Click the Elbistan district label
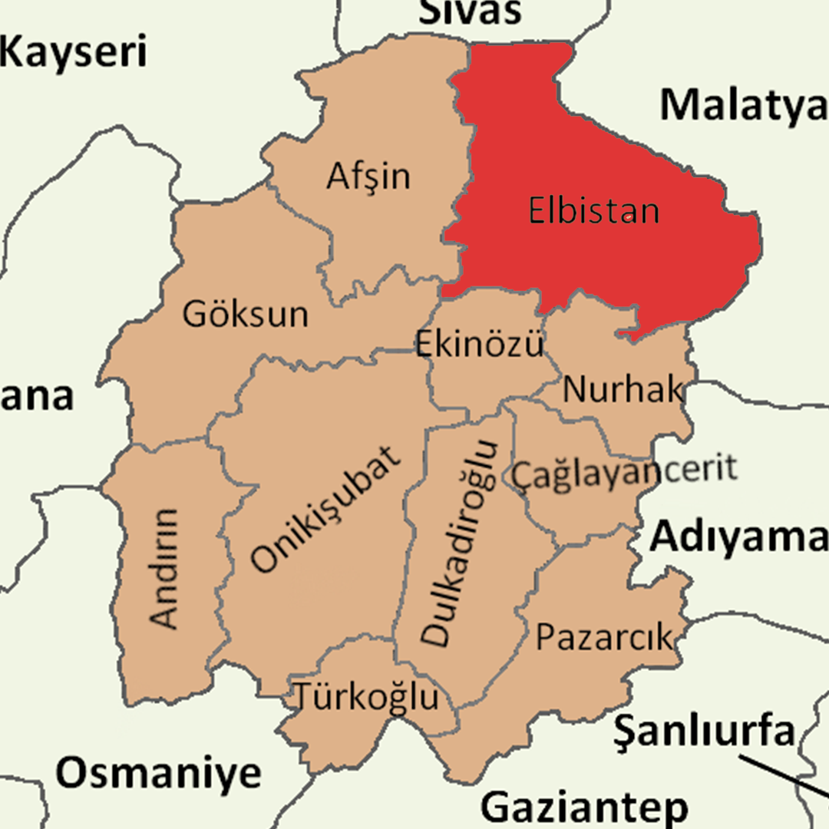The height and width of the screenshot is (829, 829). coord(593,210)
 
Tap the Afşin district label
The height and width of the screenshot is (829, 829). coord(368,177)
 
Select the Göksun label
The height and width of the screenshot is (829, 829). coord(246,314)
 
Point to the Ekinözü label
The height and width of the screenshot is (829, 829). coord(480,344)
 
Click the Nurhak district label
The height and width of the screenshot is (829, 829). coord(623,390)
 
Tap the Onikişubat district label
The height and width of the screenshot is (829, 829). coord(326,510)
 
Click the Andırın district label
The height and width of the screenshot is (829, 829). coord(164,568)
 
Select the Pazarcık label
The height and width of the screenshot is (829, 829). coord(603,637)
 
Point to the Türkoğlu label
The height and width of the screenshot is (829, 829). coord(368,697)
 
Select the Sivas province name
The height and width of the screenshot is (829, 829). coord(471,12)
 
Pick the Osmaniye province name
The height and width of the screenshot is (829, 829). coord(158,773)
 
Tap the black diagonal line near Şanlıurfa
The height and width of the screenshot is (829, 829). coord(783,777)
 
